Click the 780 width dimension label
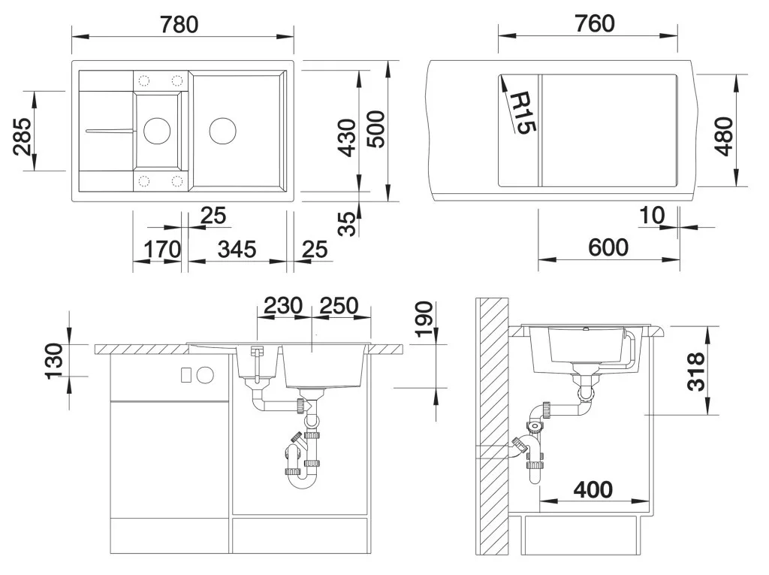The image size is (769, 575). (x=179, y=25)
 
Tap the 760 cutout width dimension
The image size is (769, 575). (x=595, y=23)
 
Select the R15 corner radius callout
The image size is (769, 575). (x=523, y=113)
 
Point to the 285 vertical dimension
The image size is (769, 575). (x=23, y=137)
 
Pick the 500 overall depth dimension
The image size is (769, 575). (x=377, y=129)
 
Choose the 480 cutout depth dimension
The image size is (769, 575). (x=724, y=136)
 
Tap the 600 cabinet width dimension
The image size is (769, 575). (x=608, y=247)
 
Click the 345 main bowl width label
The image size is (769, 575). (x=237, y=250)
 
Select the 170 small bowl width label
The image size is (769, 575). (x=162, y=250)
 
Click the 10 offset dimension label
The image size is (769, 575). (x=653, y=215)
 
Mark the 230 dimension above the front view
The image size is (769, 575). (x=283, y=306)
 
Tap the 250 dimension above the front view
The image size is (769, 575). (x=339, y=306)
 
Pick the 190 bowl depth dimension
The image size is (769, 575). (x=424, y=319)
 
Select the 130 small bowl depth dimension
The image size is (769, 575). (x=54, y=362)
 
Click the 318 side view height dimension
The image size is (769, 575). (x=695, y=372)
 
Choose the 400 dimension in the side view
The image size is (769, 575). (x=593, y=489)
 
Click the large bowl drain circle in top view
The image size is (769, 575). (x=222, y=131)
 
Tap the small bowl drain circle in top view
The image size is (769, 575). (x=157, y=131)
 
